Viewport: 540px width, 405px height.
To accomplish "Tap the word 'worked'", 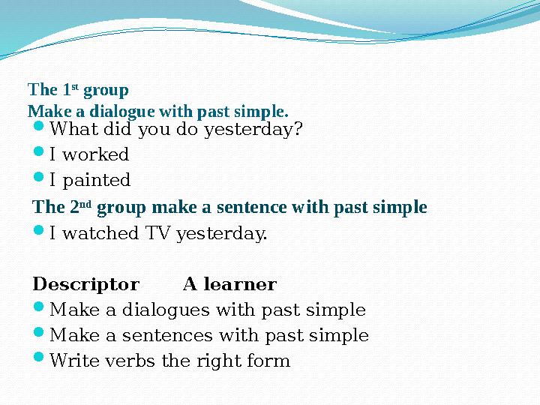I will click(94, 155).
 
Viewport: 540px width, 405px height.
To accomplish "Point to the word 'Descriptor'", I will click(86, 285).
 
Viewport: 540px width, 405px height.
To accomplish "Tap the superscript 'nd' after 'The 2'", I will click(85, 203).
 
